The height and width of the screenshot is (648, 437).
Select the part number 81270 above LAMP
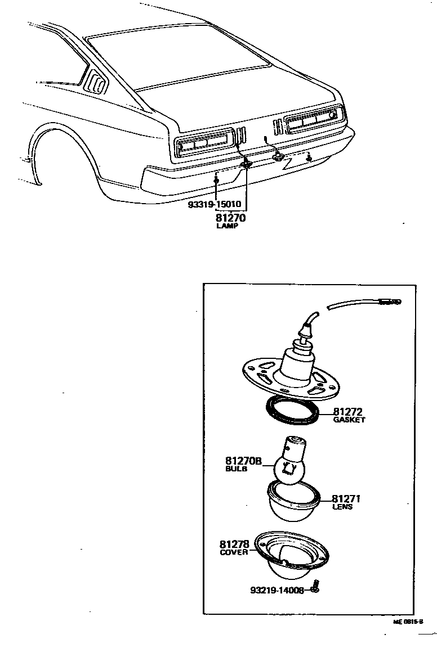click(x=230, y=217)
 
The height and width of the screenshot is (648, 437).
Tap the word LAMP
click(x=228, y=226)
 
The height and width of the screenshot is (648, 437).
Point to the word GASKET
click(x=349, y=420)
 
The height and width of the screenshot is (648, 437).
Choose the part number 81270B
click(x=244, y=461)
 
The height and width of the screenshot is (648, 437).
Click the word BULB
click(x=236, y=469)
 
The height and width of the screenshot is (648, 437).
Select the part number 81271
click(x=346, y=498)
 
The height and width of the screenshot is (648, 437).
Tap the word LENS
click(x=342, y=506)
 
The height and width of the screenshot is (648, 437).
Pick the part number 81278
click(x=234, y=544)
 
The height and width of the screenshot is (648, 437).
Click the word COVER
click(x=233, y=552)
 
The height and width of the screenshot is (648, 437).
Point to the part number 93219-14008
click(x=277, y=590)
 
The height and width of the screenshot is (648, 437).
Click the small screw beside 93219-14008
click(x=315, y=587)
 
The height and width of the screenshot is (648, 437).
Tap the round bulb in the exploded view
click(x=291, y=469)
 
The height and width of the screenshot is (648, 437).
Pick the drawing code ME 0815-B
click(x=408, y=623)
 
